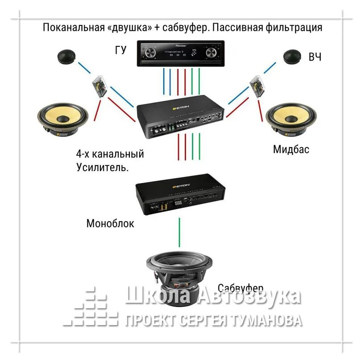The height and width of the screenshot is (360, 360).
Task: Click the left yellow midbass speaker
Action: point(62,118)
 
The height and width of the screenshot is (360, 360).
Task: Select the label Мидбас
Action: point(291,149)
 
